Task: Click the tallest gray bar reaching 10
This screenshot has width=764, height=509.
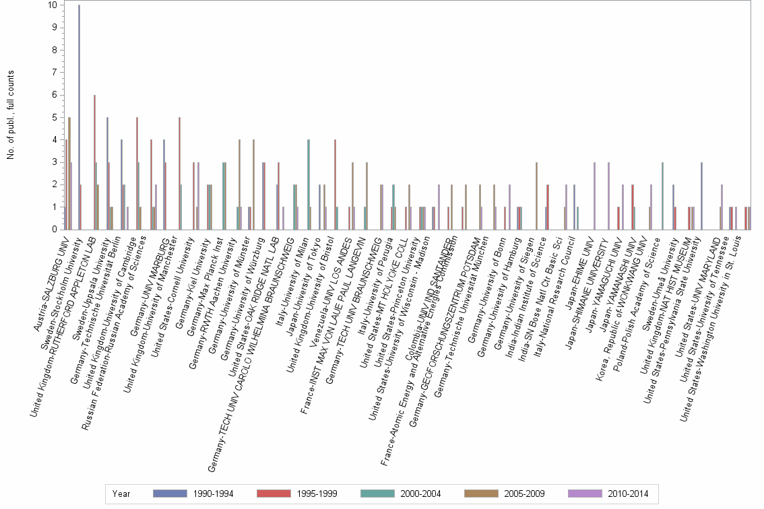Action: (79, 117)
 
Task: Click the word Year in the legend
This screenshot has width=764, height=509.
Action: (121, 494)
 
